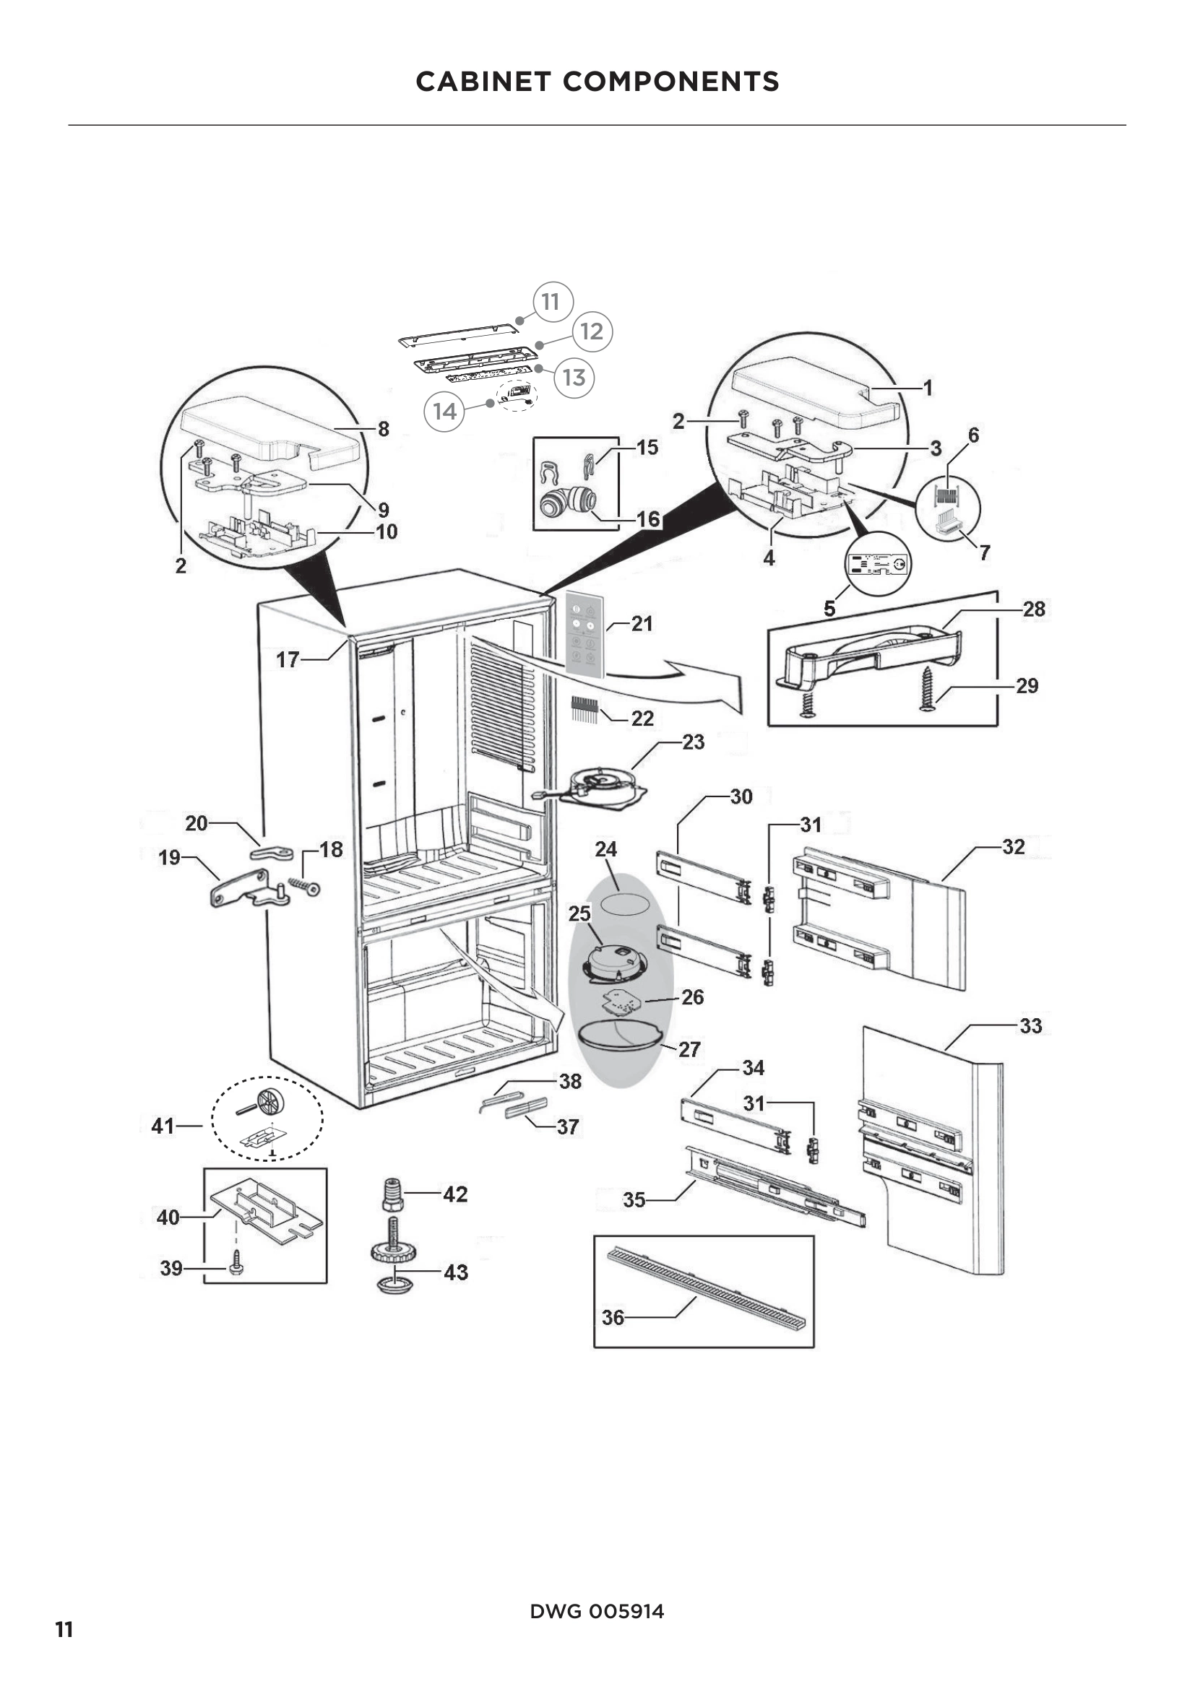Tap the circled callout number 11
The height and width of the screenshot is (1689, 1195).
[x=551, y=302]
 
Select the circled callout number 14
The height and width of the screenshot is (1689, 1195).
[x=444, y=411]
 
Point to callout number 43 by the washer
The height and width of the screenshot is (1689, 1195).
[x=456, y=1272]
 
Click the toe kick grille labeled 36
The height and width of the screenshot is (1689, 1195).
[x=707, y=1288]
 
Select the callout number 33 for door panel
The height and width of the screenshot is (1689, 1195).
[x=1030, y=1025]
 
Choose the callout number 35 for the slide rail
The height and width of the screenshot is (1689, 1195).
[x=634, y=1200]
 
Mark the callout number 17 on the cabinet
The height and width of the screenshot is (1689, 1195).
[x=287, y=659]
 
